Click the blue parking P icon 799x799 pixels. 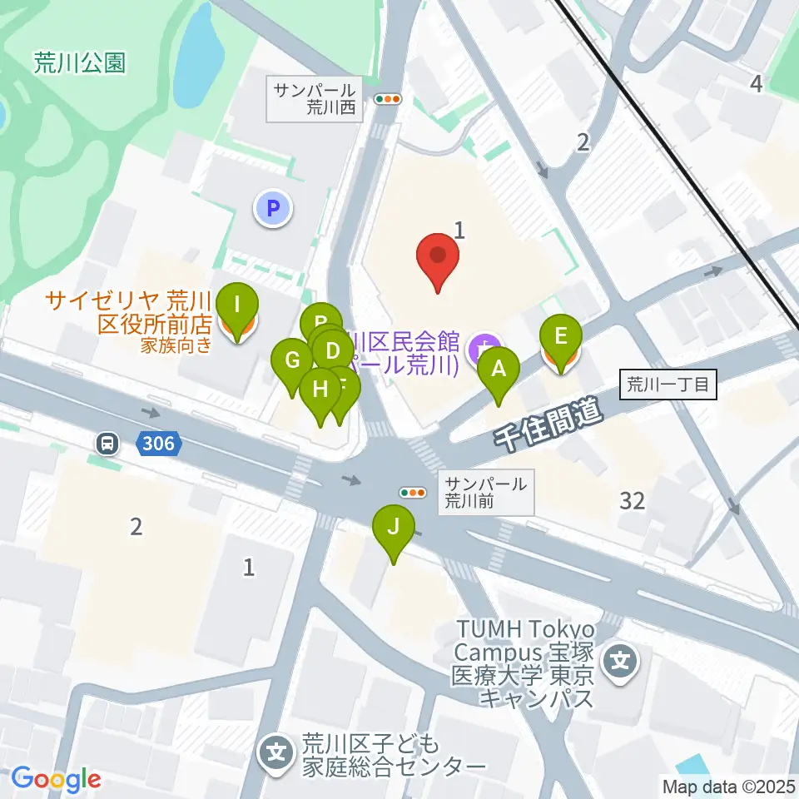click(273, 207)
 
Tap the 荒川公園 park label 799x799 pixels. click(80, 62)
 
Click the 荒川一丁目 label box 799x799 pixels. click(667, 385)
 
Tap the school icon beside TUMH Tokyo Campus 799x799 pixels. click(622, 663)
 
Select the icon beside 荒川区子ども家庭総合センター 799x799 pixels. click(275, 753)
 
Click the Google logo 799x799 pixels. click(57, 780)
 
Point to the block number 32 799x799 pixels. click(633, 500)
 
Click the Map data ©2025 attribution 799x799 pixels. click(727, 786)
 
